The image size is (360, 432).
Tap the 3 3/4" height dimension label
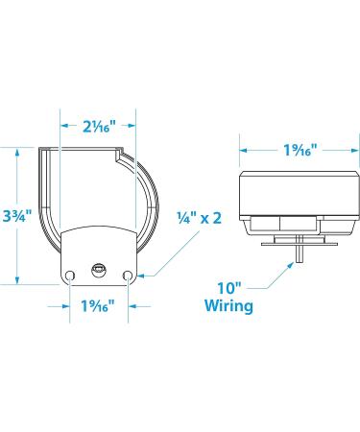pos(16,216)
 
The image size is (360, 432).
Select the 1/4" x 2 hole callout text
pos(200,218)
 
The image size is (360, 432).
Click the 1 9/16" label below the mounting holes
pos(98,305)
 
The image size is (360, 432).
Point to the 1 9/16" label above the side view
pos(300,150)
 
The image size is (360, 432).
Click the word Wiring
pos(228,305)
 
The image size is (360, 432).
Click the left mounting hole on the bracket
pos(69,275)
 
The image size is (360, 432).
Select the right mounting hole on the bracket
pos(128,275)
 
